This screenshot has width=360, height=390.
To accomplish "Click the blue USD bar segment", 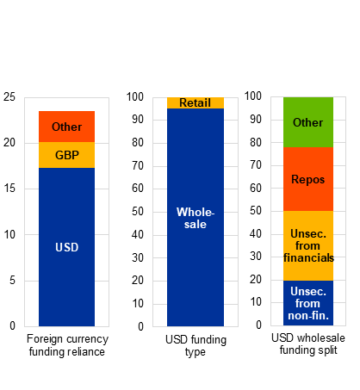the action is (66, 247).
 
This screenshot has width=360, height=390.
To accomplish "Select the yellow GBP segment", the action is (66, 155).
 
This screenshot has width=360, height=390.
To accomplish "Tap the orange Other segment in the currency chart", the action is (66, 127).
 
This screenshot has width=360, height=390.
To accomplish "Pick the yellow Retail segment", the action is (196, 102).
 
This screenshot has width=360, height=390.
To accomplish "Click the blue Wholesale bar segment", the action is (196, 217).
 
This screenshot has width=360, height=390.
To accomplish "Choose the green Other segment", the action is (308, 122).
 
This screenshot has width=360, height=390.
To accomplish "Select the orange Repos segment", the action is (308, 179).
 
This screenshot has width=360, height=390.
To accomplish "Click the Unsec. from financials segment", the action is (308, 246).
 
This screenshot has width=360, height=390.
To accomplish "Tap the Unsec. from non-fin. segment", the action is (308, 303).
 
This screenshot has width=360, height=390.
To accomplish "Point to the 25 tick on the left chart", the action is (9, 97).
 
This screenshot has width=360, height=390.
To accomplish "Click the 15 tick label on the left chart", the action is (9, 189).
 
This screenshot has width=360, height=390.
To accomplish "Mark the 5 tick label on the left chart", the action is (12, 280).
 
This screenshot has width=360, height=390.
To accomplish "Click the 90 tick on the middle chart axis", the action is (138, 120).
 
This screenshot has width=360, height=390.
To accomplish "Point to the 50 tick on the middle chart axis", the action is (138, 212).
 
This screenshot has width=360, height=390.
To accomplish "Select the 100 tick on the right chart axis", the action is (253, 96).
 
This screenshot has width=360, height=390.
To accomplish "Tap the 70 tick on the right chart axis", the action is (256, 165).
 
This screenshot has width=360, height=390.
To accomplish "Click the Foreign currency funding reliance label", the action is (67, 345).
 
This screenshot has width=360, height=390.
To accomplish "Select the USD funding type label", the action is (196, 345).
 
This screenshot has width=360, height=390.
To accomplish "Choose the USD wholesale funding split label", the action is (308, 344).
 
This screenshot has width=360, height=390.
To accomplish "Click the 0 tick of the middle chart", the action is (140, 326).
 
